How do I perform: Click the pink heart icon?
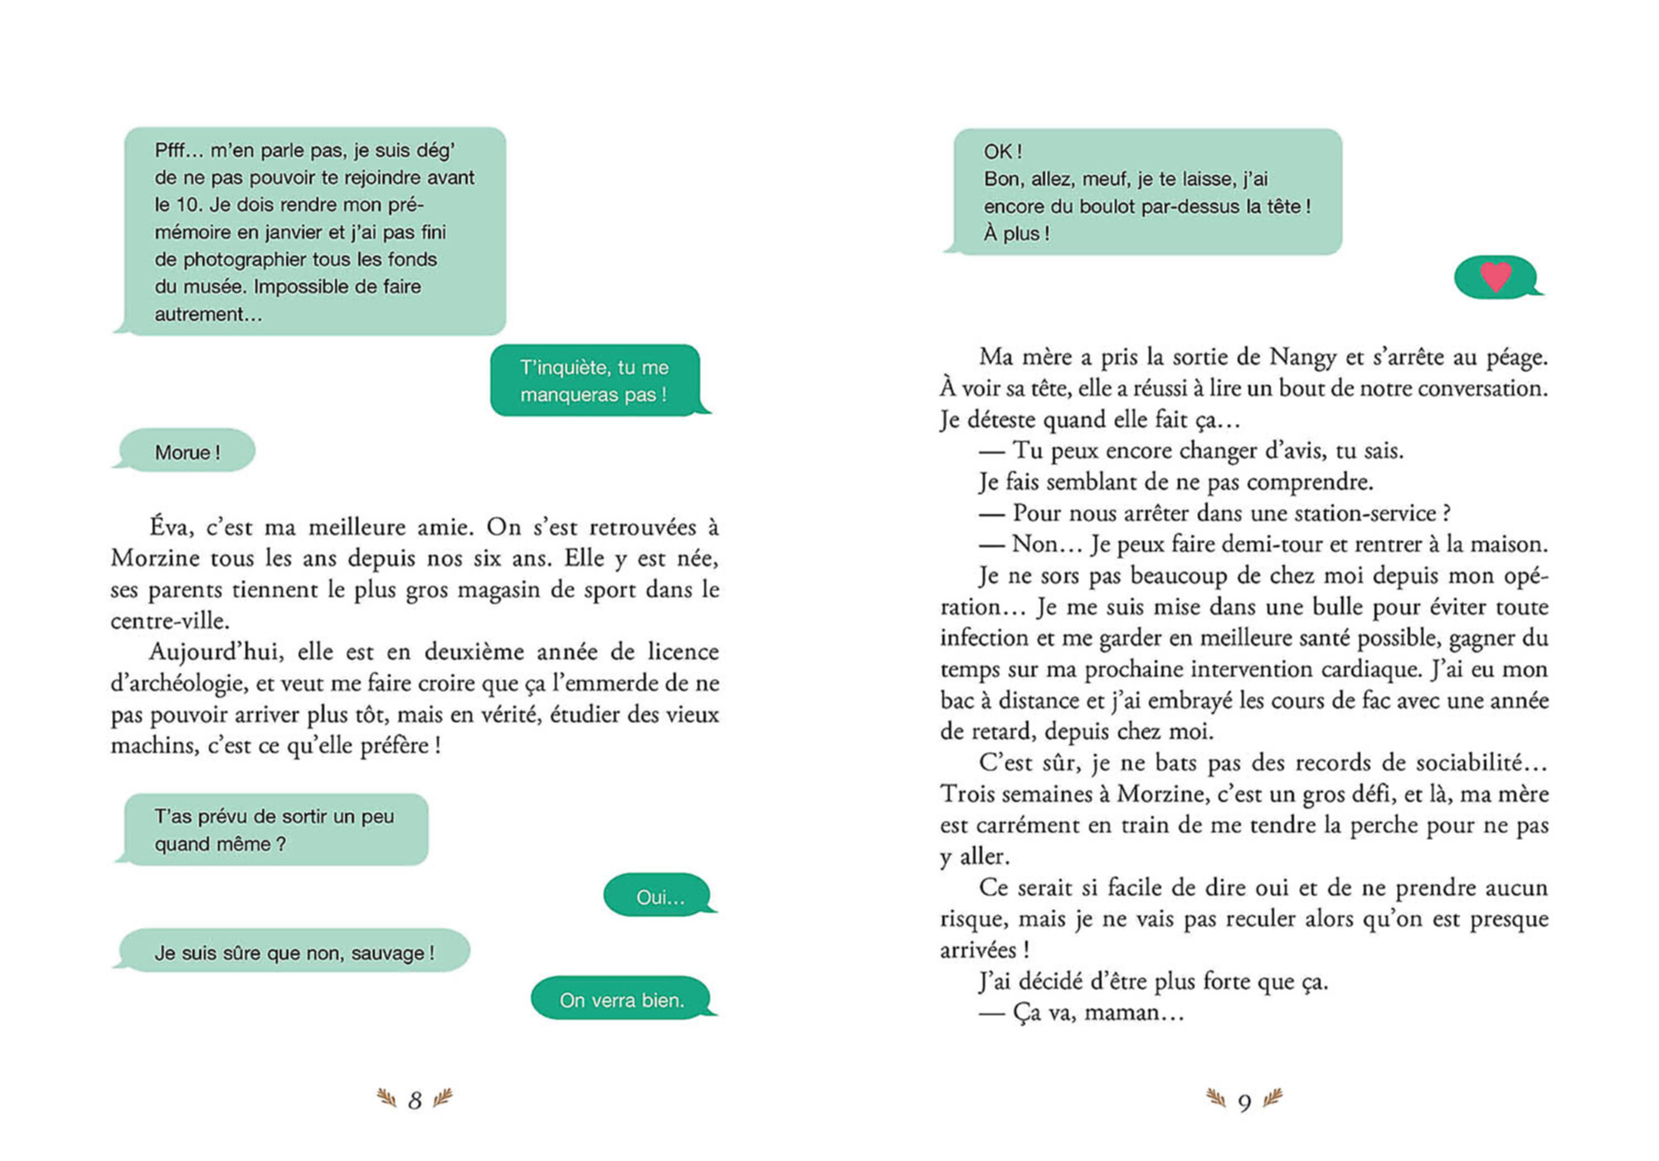(x=1496, y=276)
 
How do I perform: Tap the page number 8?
(x=415, y=1100)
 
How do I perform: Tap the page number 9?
(x=1244, y=1102)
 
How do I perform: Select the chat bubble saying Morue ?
(x=187, y=452)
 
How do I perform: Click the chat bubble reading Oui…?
(x=659, y=897)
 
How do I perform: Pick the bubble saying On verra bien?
(x=622, y=1000)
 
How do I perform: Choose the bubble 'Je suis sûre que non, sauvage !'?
(x=294, y=953)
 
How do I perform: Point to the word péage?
(x=1515, y=357)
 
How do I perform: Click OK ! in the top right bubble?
(x=1002, y=152)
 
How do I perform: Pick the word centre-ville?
(x=168, y=621)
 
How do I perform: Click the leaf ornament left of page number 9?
(x=1216, y=1099)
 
